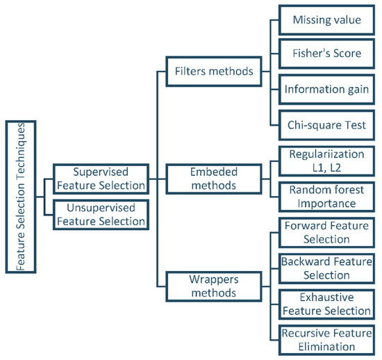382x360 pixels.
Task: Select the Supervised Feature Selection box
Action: coord(101,178)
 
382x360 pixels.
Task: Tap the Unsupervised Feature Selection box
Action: coord(101,213)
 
